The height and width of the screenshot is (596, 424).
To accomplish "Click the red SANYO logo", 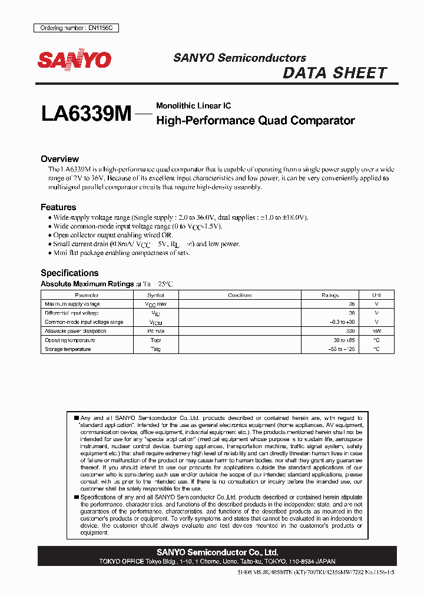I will pyautogui.click(x=75, y=60).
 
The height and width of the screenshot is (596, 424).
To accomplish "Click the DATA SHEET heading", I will pyautogui.click(x=334, y=73).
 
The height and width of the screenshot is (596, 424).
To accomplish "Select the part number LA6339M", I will pyautogui.click(x=86, y=114).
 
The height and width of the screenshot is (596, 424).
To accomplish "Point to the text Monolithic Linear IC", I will pyautogui.click(x=193, y=106).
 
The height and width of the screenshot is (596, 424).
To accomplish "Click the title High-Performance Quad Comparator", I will pyautogui.click(x=255, y=121).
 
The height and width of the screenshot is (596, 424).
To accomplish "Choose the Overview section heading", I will pyautogui.click(x=59, y=159).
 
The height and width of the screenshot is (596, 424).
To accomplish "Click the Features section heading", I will pyautogui.click(x=58, y=207).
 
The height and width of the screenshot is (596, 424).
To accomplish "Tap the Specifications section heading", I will pyautogui.click(x=69, y=273).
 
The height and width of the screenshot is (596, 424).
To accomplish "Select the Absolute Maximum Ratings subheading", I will pyautogui.click(x=87, y=284).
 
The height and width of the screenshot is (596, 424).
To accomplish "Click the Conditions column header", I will pyautogui.click(x=240, y=295).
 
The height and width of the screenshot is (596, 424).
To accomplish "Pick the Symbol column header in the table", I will pyautogui.click(x=155, y=295).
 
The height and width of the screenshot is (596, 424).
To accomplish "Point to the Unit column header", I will pyautogui.click(x=376, y=295).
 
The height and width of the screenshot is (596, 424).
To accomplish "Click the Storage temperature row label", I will pyautogui.click(x=68, y=349).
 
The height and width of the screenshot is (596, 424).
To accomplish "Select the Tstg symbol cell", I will pyautogui.click(x=155, y=349).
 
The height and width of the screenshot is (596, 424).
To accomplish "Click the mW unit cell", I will pyautogui.click(x=376, y=331).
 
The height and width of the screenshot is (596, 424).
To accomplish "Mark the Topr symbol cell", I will pyautogui.click(x=155, y=340).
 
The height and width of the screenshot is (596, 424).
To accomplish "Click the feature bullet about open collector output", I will pyautogui.click(x=108, y=235).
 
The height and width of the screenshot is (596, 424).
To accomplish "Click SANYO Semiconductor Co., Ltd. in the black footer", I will pyautogui.click(x=217, y=552).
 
